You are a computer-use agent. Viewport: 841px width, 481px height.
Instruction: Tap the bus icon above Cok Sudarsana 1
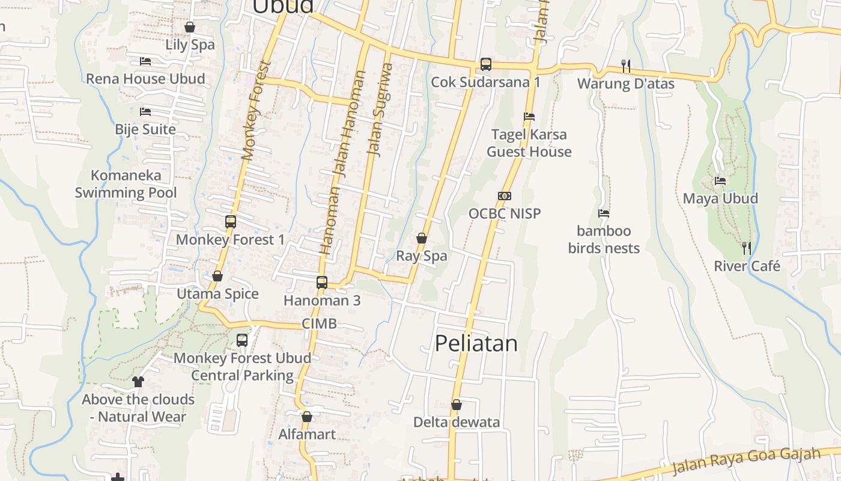tap(485, 64)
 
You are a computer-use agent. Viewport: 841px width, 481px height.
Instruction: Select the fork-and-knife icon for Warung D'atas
tap(625, 66)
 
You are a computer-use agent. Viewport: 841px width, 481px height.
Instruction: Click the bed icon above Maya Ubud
tap(720, 180)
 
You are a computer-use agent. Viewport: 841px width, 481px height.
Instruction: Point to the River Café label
tap(747, 266)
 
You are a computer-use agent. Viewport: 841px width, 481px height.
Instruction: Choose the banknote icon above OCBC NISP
tap(504, 196)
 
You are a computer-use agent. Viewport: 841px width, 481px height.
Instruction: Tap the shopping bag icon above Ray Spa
tap(422, 238)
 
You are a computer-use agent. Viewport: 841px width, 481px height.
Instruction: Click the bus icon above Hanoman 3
tap(322, 282)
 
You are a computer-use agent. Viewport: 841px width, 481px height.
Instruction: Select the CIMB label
tap(319, 323)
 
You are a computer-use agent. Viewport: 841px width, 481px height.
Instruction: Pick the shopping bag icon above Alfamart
tap(307, 416)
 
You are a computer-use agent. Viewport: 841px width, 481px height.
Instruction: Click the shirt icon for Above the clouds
tap(138, 381)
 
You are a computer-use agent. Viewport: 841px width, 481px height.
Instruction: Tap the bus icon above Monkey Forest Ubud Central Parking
tap(242, 340)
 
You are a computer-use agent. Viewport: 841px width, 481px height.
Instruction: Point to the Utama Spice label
tap(217, 294)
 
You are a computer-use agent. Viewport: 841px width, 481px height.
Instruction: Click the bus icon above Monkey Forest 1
tap(230, 222)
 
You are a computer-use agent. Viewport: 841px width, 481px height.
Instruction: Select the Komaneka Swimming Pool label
tap(126, 184)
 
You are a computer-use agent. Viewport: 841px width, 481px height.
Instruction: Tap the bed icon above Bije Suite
tap(145, 112)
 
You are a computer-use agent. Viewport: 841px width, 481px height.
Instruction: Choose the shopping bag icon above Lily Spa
tap(190, 27)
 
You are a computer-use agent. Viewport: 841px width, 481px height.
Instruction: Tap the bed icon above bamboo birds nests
tap(604, 213)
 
